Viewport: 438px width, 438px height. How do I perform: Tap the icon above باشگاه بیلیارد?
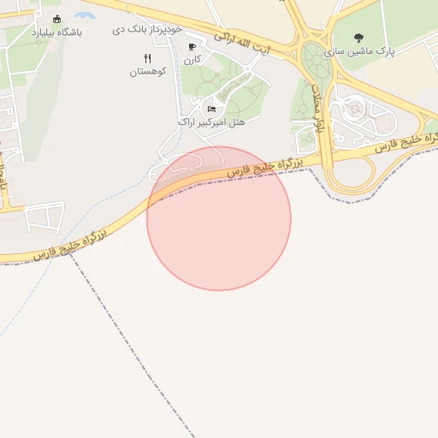tap(57, 19)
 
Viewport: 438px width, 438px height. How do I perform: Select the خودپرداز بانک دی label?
tap(147, 29)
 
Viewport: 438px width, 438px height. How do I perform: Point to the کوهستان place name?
tap(145, 73)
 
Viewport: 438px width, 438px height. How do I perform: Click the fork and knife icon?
tap(147, 58)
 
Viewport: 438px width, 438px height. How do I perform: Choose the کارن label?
tap(192, 60)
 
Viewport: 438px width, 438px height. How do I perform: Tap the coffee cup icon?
tap(192, 47)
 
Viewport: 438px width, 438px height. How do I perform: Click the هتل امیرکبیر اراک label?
tap(210, 122)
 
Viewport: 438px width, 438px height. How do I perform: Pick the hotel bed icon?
tap(211, 109)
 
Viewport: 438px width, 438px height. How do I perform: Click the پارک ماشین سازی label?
tap(387, 52)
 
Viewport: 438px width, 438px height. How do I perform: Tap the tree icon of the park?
tap(358, 38)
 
